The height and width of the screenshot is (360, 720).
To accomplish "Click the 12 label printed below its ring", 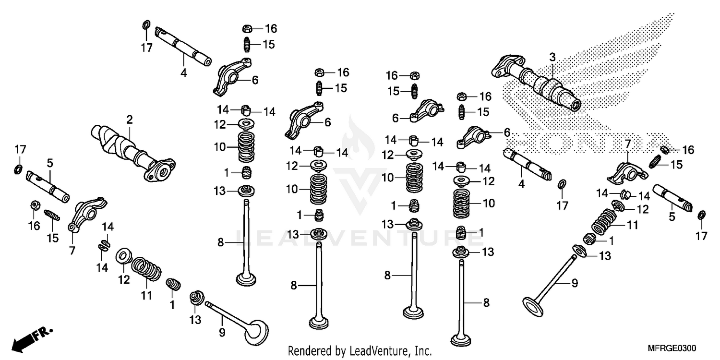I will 124,279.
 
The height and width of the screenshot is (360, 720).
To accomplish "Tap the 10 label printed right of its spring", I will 488,203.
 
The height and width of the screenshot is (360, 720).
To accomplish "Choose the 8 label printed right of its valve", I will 486,303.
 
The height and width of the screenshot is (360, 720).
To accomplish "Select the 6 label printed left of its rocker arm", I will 396,118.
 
